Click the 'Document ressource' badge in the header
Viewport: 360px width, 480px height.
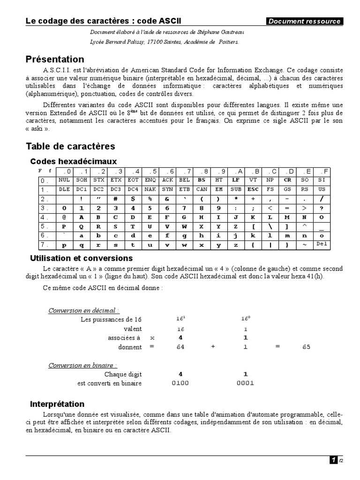click(304, 21)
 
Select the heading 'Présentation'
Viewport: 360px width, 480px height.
click(55, 59)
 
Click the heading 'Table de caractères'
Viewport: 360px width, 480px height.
click(70, 147)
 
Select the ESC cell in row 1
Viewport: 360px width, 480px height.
click(253, 189)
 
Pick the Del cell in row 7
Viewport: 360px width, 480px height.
click(321, 244)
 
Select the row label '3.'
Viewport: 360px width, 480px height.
click(45, 208)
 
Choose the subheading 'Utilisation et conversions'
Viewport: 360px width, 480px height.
click(81, 258)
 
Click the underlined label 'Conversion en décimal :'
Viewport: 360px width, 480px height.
click(83, 310)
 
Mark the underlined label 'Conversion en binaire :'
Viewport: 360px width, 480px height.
click(82, 365)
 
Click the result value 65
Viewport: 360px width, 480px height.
click(307, 347)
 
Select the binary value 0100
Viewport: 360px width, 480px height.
click(180, 383)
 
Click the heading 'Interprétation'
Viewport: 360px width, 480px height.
click(57, 404)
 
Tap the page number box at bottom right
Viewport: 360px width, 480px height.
click(333, 460)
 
